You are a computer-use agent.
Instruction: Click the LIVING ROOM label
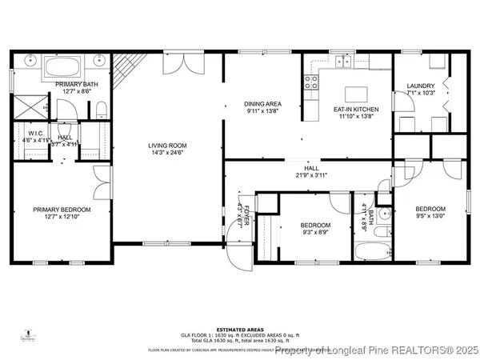point(167,146)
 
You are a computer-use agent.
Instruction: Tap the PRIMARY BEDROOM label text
point(62,210)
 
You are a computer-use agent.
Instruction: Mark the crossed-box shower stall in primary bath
point(26,105)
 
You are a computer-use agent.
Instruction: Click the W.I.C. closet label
point(34,134)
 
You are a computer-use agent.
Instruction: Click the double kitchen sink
point(344,61)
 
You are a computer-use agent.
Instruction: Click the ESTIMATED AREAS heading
point(239,327)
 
